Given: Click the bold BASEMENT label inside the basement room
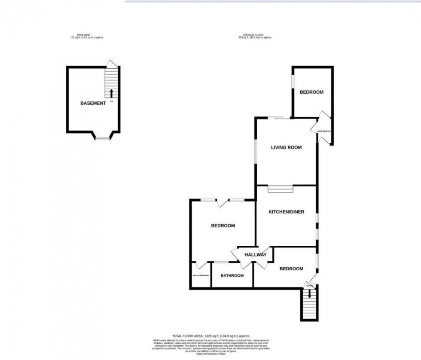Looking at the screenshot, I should tap(92, 103).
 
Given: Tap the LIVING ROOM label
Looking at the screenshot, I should tap(286, 147).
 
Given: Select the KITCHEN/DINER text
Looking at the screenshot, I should tap(286, 212).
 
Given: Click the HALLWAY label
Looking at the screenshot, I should tap(256, 255).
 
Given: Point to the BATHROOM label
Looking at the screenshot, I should tap(232, 276).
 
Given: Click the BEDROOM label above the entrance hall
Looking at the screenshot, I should tap(311, 92).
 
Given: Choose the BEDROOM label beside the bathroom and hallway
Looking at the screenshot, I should tap(223, 226).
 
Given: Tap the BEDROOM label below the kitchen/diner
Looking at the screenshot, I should tap(291, 269).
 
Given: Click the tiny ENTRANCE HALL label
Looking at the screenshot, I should tap(324, 131).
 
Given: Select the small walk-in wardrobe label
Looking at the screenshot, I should tap(200, 275).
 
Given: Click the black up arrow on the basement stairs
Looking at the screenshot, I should tap(112, 93).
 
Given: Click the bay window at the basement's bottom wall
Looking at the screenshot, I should tap(103, 137).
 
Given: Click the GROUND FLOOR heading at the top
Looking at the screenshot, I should tap(256, 34).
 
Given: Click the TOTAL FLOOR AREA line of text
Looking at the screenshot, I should tap(210, 336).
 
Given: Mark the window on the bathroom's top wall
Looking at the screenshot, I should tap(221, 262).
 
